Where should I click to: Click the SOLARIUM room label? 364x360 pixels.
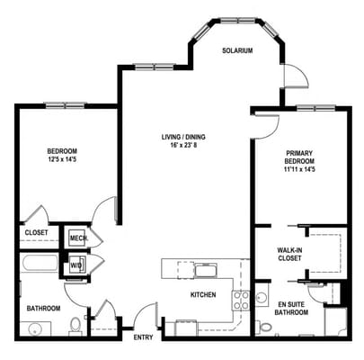pyautogui.click(x=237, y=50)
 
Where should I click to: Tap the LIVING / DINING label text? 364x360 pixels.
pyautogui.click(x=183, y=137)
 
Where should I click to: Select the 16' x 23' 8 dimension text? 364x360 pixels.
pyautogui.click(x=183, y=146)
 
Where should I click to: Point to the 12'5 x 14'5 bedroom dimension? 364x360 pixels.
pyautogui.click(x=62, y=159)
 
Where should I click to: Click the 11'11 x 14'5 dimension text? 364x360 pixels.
pyautogui.click(x=299, y=169)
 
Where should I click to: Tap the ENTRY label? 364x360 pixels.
pyautogui.click(x=143, y=337)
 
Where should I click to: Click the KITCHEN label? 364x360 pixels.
pyautogui.click(x=203, y=294)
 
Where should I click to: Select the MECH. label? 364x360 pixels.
pyautogui.click(x=79, y=238)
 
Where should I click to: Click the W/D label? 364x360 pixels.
pyautogui.click(x=75, y=265)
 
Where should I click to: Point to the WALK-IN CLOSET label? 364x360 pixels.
pyautogui.click(x=289, y=254)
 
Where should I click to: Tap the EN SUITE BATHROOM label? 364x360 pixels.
pyautogui.click(x=291, y=308)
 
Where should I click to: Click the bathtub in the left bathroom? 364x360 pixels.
pyautogui.click(x=40, y=263)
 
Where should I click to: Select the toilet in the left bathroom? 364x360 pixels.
pyautogui.click(x=75, y=327)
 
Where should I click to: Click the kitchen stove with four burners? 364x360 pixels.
pyautogui.click(x=241, y=301)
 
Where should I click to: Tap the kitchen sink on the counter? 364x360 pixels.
pyautogui.click(x=206, y=270)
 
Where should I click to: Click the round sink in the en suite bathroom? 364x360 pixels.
pyautogui.click(x=262, y=298)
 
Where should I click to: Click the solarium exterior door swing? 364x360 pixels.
pyautogui.click(x=297, y=76)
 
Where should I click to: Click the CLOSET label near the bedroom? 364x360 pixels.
pyautogui.click(x=36, y=232)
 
